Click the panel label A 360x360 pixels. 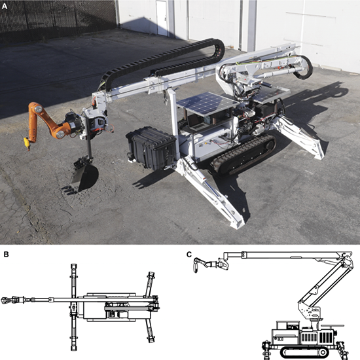point(5,6)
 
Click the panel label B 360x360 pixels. point(6,255)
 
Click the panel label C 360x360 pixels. point(189,255)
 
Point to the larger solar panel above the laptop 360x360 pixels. point(207,103)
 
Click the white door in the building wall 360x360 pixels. point(162,18)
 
